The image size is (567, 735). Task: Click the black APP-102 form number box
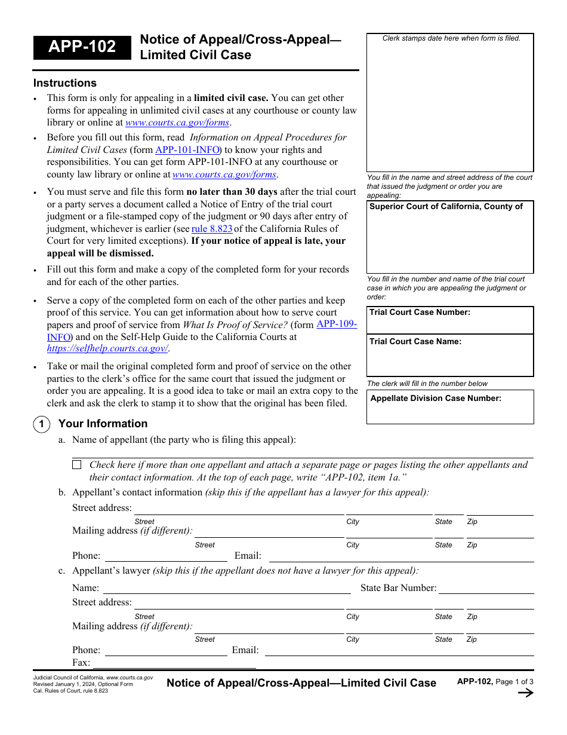pyautogui.click(x=82, y=47)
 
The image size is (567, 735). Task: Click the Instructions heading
pyautogui.click(x=64, y=83)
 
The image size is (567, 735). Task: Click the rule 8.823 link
pyautogui.click(x=212, y=229)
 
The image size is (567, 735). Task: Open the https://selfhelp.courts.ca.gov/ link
pyautogui.click(x=107, y=348)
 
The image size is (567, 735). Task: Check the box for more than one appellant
pyautogui.click(x=77, y=465)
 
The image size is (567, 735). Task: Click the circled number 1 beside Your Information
pyautogui.click(x=41, y=424)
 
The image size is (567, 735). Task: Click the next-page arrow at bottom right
pyautogui.click(x=525, y=693)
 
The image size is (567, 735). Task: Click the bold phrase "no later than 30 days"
pyautogui.click(x=232, y=192)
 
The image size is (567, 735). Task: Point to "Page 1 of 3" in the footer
pyautogui.click(x=514, y=682)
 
